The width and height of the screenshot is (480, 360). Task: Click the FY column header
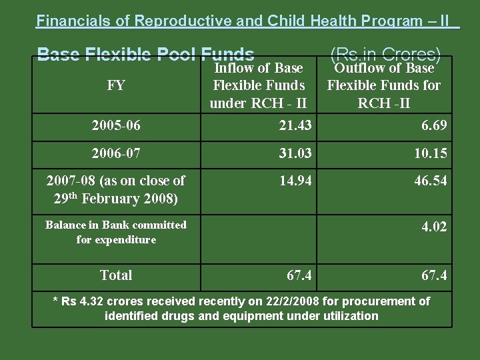coord(116,85)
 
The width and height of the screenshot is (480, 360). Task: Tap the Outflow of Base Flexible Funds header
coord(383,85)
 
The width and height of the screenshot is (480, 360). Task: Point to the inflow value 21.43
coord(295,126)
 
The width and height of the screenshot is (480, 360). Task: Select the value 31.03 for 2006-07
coord(295,154)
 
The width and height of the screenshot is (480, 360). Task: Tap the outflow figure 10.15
coord(430,154)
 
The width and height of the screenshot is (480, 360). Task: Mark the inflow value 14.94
coord(295,181)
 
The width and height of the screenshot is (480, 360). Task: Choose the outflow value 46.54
coord(430,181)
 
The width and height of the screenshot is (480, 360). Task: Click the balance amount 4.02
coord(434,227)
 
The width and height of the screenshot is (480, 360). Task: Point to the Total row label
coord(116,275)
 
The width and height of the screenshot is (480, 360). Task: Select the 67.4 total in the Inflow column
coord(300,275)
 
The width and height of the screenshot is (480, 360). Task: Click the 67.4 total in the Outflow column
coord(434,275)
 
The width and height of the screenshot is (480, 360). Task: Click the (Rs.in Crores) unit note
coord(385,53)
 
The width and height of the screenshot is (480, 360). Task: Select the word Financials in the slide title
coord(74,21)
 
